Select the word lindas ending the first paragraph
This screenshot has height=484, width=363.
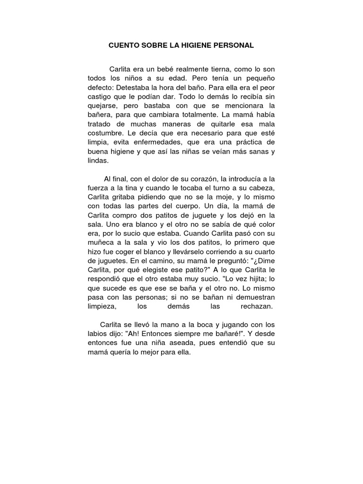pos(98,160)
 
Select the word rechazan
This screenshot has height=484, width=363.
pos(254,307)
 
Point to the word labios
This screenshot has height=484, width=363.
pos(98,334)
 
